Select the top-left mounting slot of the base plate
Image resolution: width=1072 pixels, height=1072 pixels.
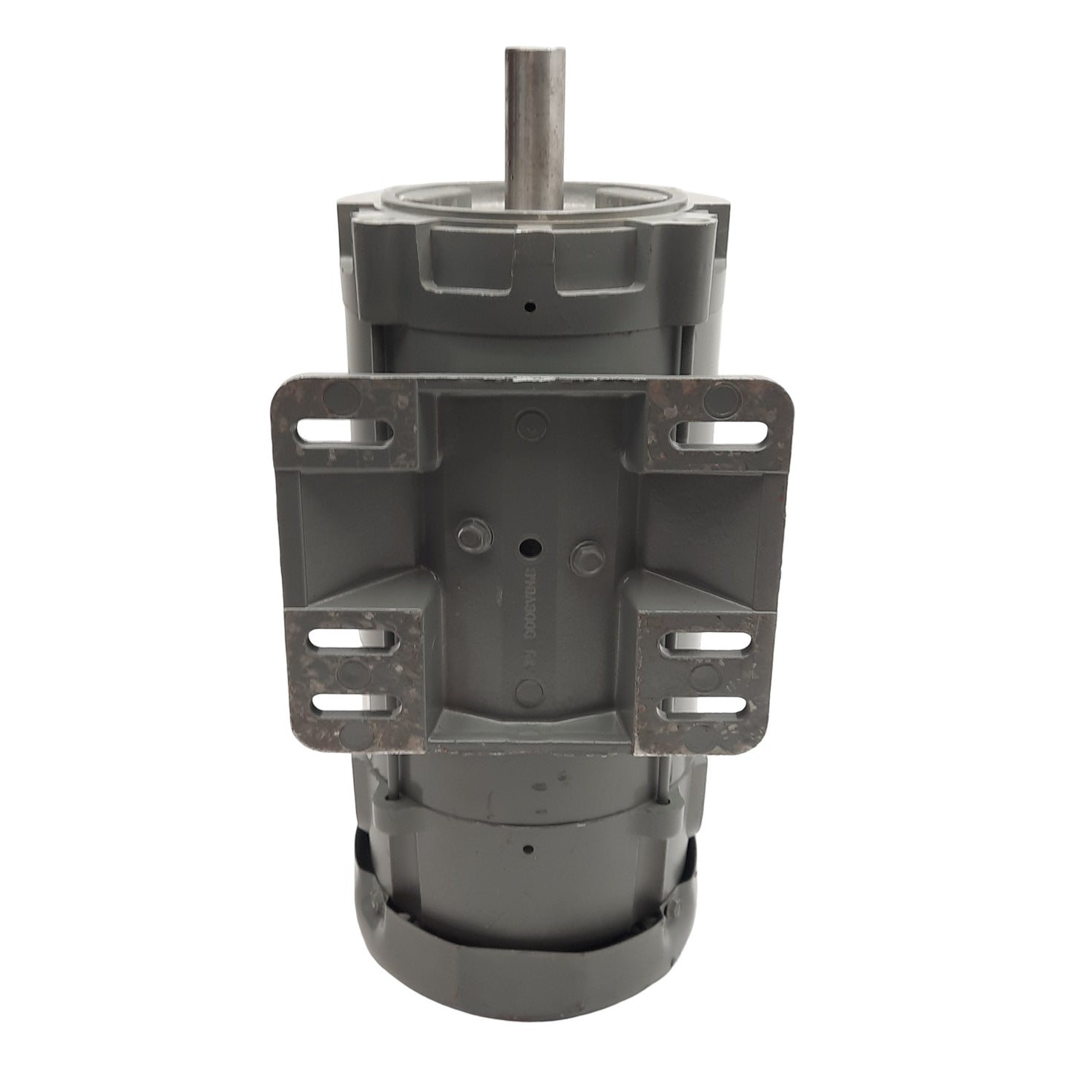tap(343, 432)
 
